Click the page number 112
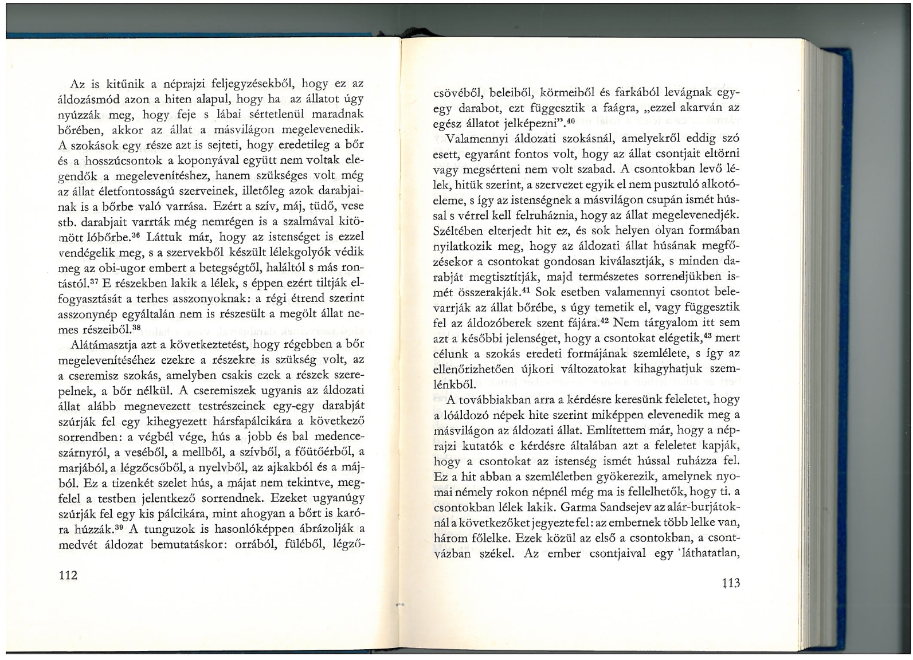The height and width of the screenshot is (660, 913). pyautogui.click(x=68, y=576)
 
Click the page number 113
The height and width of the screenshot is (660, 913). pyautogui.click(x=730, y=583)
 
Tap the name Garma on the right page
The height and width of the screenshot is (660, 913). pyautogui.click(x=579, y=507)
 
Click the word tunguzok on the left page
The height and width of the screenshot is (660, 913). pyautogui.click(x=166, y=528)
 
